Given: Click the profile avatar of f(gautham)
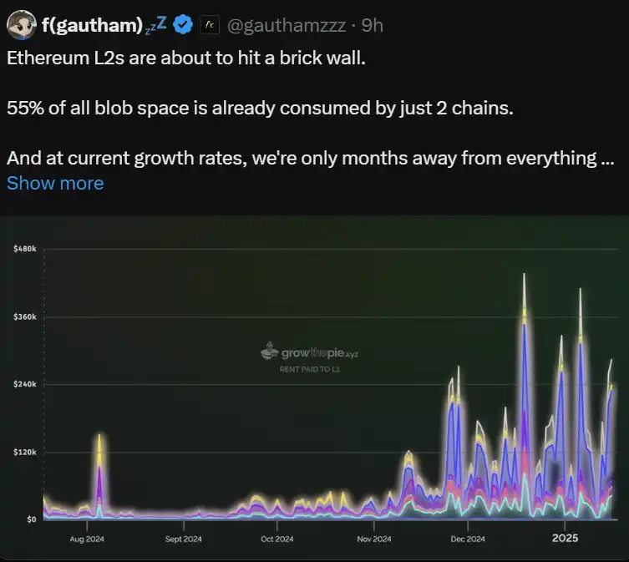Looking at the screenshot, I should point(21,25).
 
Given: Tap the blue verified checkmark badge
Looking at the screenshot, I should point(183,25).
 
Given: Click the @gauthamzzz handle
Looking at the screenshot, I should point(284,26).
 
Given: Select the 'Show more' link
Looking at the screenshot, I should point(55,183).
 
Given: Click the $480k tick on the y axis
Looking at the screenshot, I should point(23,250).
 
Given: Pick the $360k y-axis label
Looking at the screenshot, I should point(23,317).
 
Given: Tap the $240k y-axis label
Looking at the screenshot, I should point(23,384).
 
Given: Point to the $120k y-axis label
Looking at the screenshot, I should point(23,452).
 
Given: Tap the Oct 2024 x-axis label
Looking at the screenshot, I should point(278,539).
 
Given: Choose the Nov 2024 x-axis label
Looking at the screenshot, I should point(373,539).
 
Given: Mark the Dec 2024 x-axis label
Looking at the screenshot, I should point(468,539).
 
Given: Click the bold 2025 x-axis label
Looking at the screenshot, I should point(565,538).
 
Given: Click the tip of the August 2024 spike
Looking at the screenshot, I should point(99,434).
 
